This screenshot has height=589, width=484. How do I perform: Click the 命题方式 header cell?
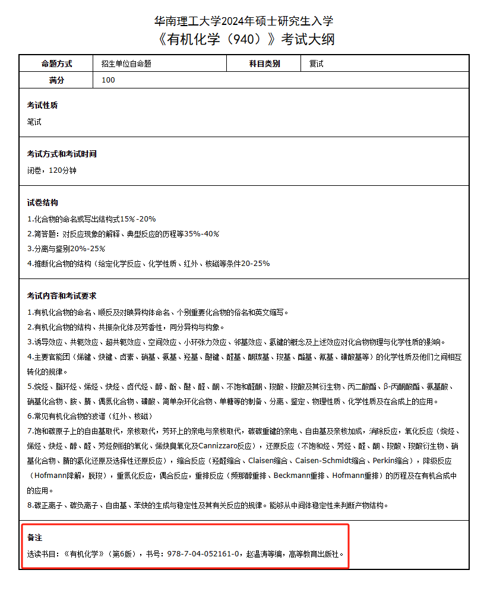pos(56,64)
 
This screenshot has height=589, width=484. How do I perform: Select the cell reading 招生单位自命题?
pos(126,64)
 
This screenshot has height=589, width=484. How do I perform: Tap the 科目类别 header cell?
pos(264,64)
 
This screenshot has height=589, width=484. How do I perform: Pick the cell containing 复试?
pos(317,64)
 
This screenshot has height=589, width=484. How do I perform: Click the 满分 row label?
pos(56,80)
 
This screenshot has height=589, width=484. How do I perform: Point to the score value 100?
pos(108,80)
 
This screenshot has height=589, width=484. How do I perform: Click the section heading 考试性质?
pos(42,106)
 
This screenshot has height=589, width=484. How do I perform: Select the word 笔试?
pos(34,122)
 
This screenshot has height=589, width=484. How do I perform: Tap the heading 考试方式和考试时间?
pos(62,154)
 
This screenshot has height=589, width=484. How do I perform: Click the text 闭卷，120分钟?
pos(52,170)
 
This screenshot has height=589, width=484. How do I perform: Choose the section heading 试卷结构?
pos(42,203)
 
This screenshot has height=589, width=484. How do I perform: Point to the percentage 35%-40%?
pos(201,234)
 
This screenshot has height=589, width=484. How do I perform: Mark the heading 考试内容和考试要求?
pos(62,296)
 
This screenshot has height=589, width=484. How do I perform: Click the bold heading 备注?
pos(34,538)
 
